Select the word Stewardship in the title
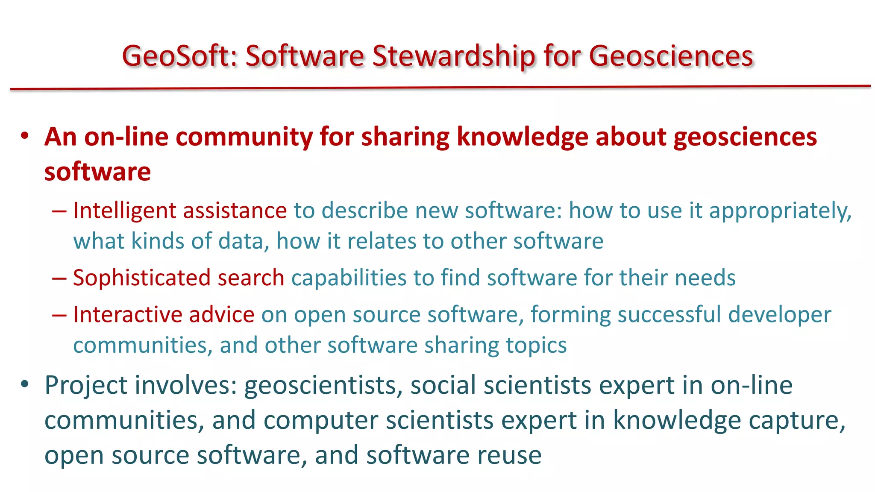point(453,56)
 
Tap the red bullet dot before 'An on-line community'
point(25,136)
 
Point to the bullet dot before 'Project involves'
point(25,384)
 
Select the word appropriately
point(780,211)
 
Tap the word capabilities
point(349,278)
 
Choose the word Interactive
point(128,315)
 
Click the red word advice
point(222,315)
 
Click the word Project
point(86,386)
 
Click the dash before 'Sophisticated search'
point(59,278)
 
